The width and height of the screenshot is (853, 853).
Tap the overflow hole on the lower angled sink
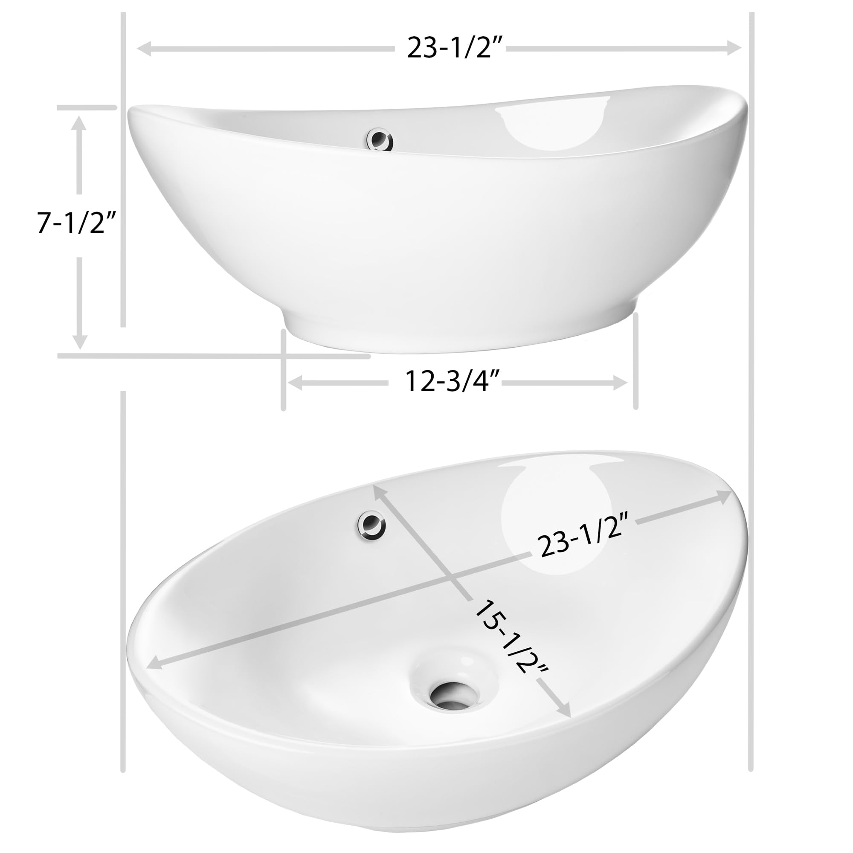pyautogui.click(x=371, y=525)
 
